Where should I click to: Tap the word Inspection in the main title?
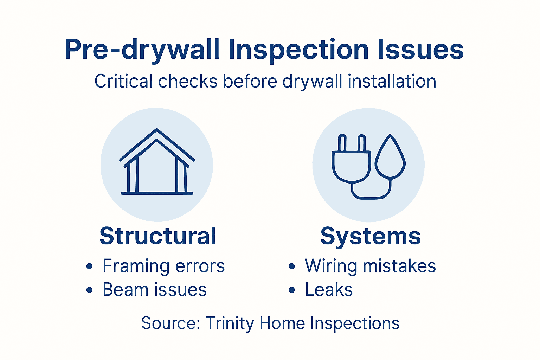point(298,50)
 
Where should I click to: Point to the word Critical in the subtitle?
point(123,82)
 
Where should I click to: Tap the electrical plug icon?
point(351,162)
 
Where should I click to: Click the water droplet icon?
point(390,157)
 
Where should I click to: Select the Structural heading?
point(158,236)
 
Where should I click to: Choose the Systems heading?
point(371,236)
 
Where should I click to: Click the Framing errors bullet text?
point(163,266)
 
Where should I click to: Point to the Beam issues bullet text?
point(155,290)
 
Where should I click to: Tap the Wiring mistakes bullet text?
point(370,266)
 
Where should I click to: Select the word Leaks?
point(329,290)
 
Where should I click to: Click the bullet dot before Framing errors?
point(90,266)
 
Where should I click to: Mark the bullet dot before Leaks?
point(292,290)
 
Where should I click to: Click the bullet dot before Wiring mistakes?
point(292,266)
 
